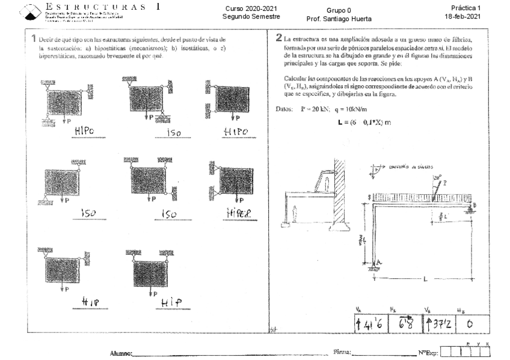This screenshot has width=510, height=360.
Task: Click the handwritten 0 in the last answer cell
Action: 469,325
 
